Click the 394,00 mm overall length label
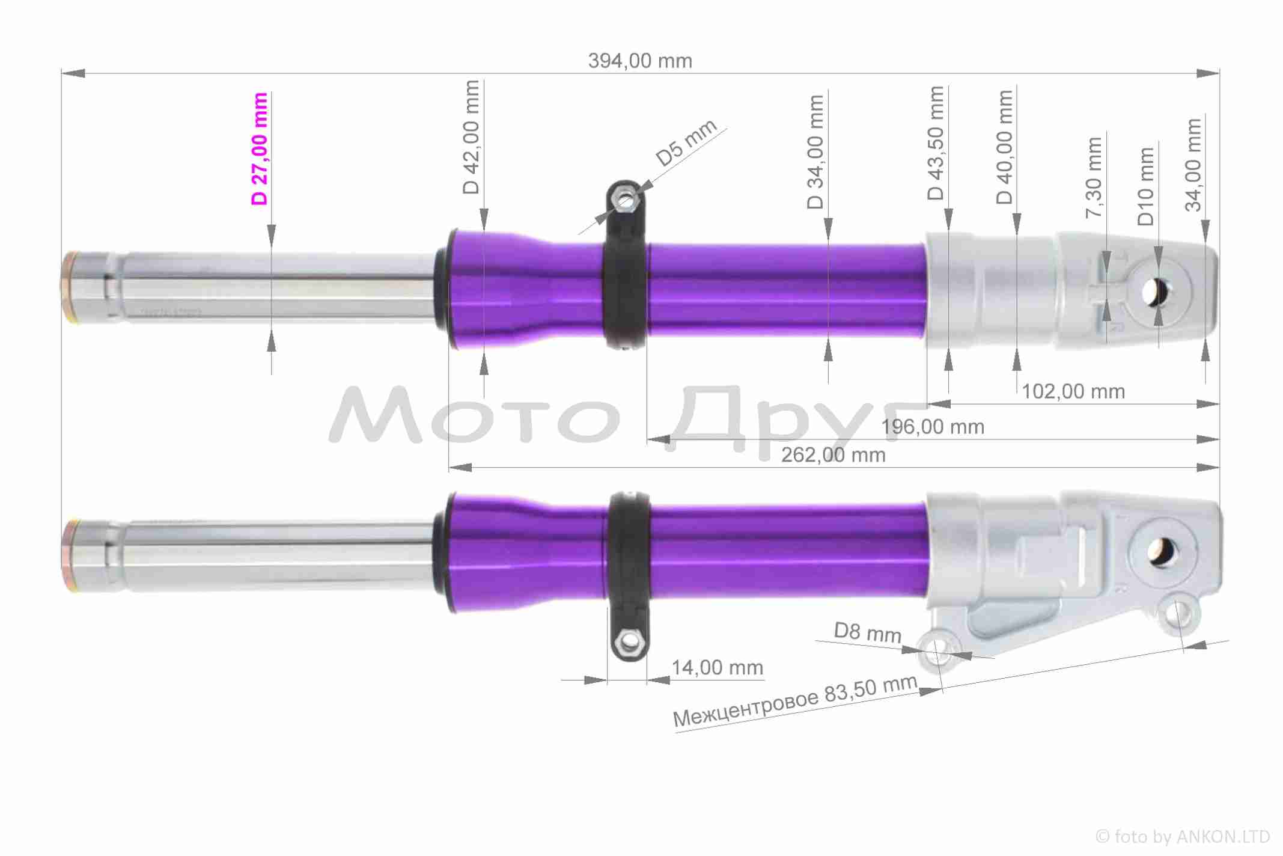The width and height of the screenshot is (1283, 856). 640,61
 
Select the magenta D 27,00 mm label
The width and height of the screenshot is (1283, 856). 260,149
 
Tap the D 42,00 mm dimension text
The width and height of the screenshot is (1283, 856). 472,137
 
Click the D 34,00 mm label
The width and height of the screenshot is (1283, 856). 815,152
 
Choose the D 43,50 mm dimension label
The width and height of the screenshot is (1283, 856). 936,143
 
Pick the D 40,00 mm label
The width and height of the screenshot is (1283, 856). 1005,147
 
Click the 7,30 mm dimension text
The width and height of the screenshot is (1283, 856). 1094,178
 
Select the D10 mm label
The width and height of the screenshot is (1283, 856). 1146,186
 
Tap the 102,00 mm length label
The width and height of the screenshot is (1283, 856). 1073,392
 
